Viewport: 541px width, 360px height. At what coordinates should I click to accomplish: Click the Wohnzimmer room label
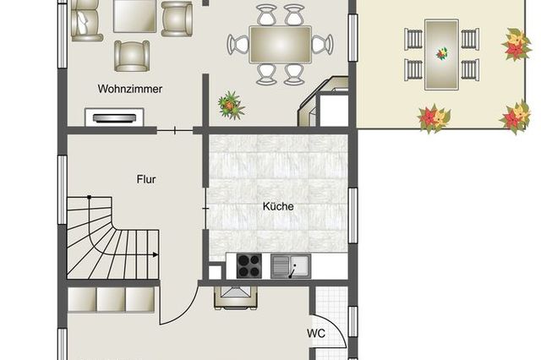[129, 89]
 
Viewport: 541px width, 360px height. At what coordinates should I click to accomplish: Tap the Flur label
[146, 179]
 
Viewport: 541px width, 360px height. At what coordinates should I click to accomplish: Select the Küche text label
[278, 206]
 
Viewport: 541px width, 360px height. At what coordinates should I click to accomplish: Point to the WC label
[316, 334]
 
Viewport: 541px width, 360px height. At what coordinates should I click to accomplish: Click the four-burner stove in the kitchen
[249, 265]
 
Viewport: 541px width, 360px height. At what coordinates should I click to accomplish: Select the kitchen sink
[291, 266]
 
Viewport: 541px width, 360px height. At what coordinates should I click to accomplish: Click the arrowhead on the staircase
[156, 254]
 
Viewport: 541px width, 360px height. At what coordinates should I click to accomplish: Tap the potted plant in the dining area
[231, 105]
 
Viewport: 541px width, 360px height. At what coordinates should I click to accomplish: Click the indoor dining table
[280, 45]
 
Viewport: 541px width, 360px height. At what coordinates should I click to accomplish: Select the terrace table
[441, 54]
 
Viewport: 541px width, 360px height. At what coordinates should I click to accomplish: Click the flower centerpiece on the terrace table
[441, 53]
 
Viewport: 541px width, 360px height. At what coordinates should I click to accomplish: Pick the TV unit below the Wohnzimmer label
[114, 117]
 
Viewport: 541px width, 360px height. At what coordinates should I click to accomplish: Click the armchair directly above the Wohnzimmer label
[132, 56]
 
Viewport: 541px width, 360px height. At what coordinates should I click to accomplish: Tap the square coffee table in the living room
[134, 16]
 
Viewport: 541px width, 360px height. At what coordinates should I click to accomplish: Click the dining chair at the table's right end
[322, 45]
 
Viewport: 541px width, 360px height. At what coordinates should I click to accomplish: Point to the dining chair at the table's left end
[238, 45]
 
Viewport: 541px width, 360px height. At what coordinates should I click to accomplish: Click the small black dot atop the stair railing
[89, 197]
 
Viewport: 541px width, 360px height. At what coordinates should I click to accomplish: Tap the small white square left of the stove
[215, 272]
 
